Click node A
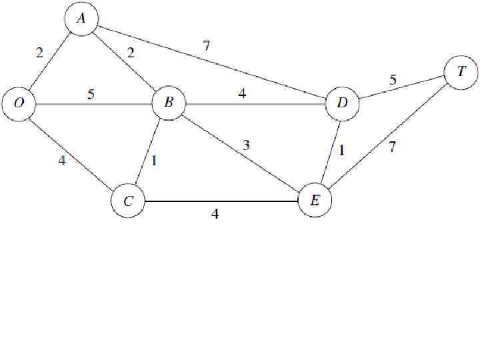click(81, 19)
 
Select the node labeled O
click(18, 104)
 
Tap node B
click(168, 103)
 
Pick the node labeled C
click(128, 201)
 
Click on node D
click(342, 104)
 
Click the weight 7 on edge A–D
click(207, 46)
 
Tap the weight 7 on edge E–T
click(392, 148)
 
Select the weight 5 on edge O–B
click(91, 94)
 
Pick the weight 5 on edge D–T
click(393, 80)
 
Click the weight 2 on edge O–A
click(39, 53)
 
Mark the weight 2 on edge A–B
click(131, 53)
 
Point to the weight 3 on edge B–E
click(247, 145)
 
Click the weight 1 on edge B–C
click(155, 161)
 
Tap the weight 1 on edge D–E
click(341, 151)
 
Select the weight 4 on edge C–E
click(215, 214)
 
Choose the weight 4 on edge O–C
click(61, 160)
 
